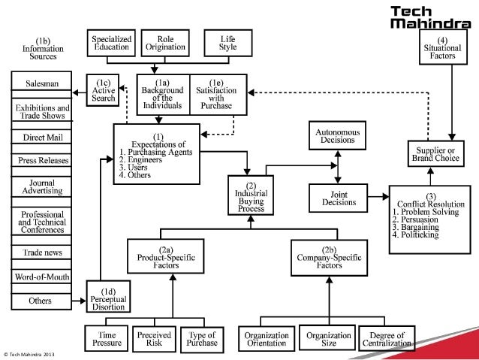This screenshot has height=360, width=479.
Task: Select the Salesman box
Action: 43,83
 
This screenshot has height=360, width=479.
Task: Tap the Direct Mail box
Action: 43,138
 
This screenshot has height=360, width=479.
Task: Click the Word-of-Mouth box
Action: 43,277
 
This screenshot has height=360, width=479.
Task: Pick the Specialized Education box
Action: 111,44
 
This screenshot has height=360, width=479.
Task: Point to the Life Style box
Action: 227,44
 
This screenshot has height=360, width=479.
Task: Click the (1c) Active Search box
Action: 103,89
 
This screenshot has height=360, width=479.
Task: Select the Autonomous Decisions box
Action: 336,135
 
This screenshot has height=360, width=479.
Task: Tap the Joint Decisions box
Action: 336,197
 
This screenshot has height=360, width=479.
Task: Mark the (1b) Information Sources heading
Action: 43,47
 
